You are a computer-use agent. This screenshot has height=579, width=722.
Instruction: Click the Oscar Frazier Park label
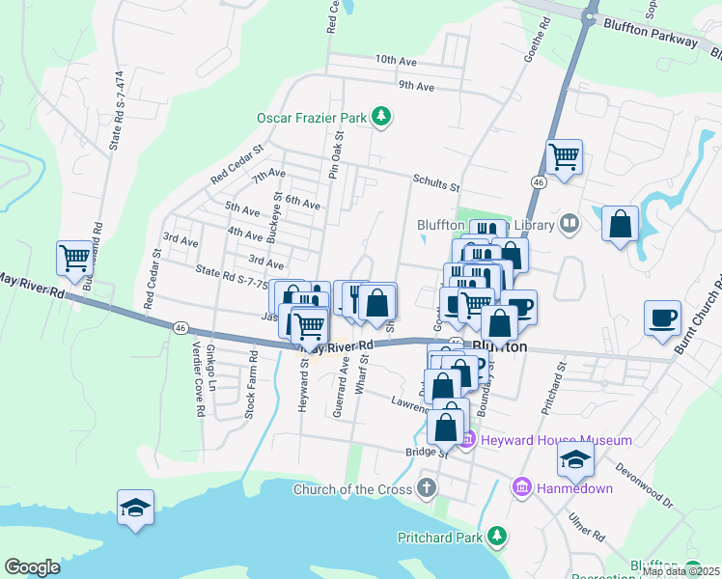point(312,118)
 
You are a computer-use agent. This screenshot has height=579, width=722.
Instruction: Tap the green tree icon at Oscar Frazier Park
point(382,118)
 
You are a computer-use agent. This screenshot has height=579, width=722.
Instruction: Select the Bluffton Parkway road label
point(650,33)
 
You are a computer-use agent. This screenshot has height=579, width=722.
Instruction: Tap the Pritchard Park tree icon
point(497,535)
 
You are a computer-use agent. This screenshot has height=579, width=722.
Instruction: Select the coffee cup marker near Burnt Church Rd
point(663,317)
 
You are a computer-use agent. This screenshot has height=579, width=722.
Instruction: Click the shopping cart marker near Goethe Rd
point(564,155)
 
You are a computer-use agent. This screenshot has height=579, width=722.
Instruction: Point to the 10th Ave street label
point(397,60)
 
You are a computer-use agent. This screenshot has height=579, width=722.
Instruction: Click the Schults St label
point(436,179)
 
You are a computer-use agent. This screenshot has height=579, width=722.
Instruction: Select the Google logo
point(32,567)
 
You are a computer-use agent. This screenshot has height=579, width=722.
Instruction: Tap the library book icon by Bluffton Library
point(569,225)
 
